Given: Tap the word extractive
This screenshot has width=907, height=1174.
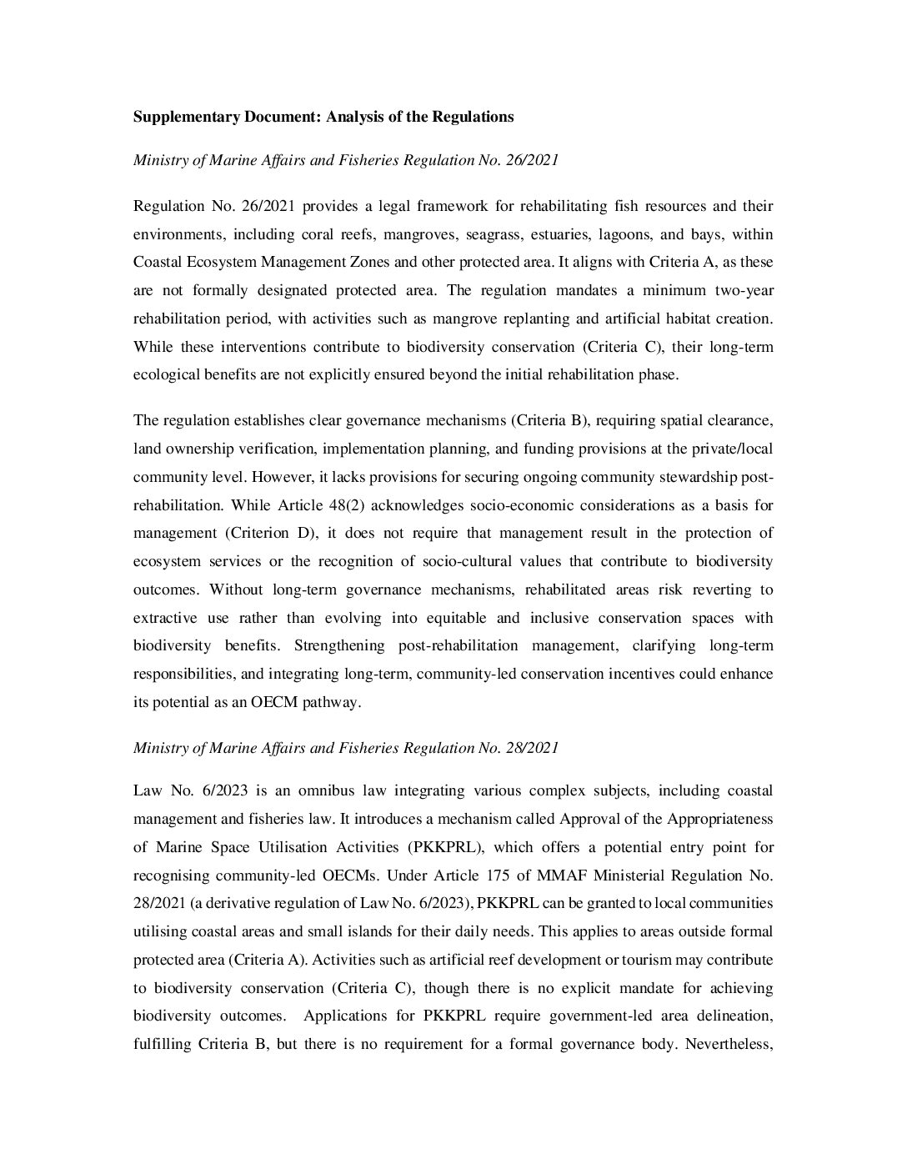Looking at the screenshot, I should [x=165, y=618].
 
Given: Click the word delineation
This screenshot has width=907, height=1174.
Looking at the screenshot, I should [x=736, y=1016].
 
